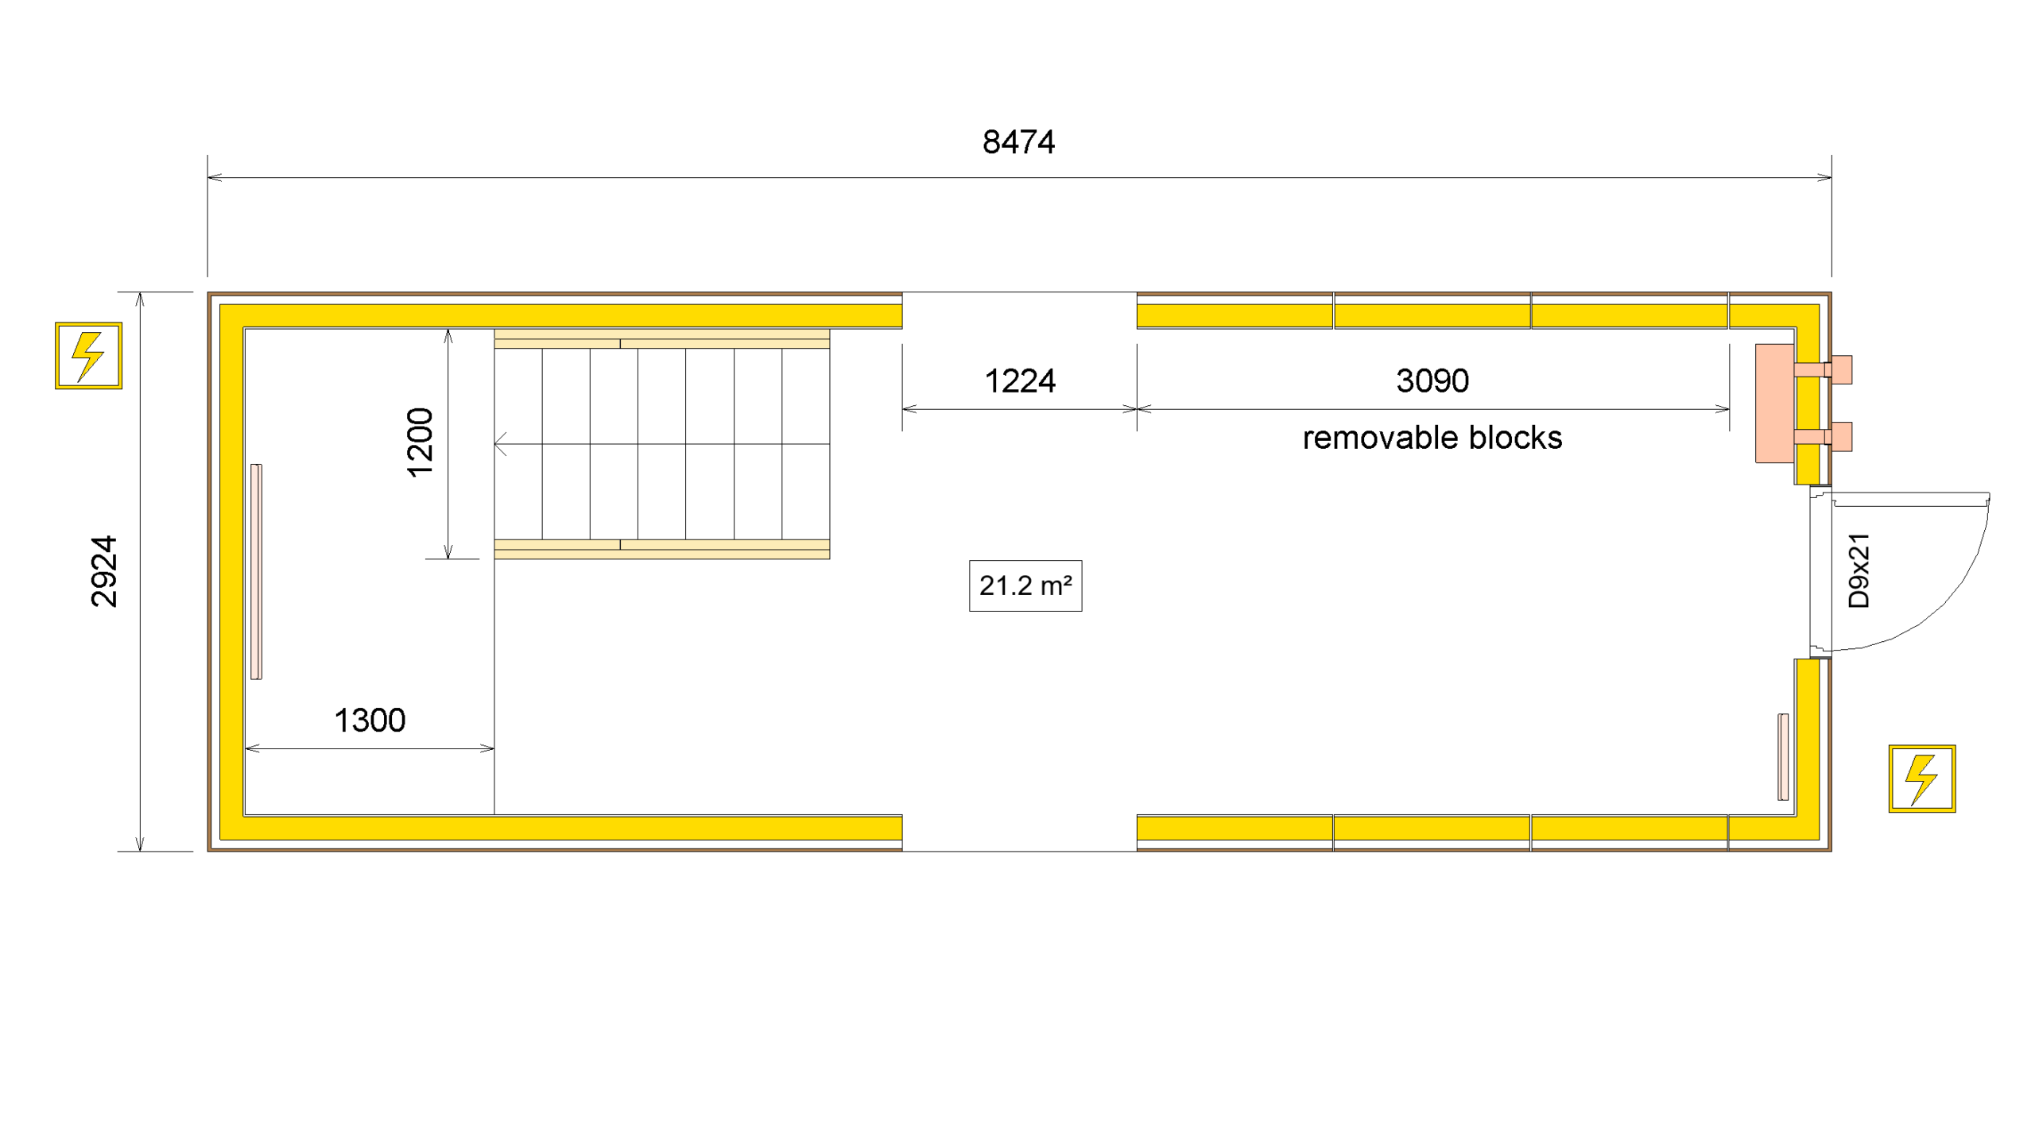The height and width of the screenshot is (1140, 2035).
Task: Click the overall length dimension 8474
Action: pyautogui.click(x=1018, y=142)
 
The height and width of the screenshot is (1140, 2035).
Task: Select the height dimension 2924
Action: pyautogui.click(x=104, y=571)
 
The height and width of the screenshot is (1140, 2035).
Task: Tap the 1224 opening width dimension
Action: pyautogui.click(x=1020, y=381)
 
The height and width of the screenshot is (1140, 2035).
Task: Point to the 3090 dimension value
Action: pyautogui.click(x=1432, y=381)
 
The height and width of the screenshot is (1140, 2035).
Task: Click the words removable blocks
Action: pyautogui.click(x=1432, y=438)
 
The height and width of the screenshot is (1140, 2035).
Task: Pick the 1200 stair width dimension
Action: pyautogui.click(x=420, y=442)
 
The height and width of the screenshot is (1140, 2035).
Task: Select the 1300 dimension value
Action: pyautogui.click(x=370, y=721)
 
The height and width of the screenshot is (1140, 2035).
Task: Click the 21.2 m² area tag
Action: pyautogui.click(x=1025, y=586)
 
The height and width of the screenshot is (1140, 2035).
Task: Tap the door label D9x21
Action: pyautogui.click(x=1859, y=571)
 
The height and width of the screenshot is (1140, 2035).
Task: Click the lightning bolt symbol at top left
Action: pyautogui.click(x=88, y=356)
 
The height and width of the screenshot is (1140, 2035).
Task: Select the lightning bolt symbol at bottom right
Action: pyautogui.click(x=1922, y=779)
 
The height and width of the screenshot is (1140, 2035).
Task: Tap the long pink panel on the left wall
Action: pyautogui.click(x=256, y=571)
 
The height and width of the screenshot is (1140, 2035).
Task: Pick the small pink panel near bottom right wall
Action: pyautogui.click(x=1783, y=757)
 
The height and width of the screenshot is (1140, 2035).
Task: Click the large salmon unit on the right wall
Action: pyautogui.click(x=1774, y=404)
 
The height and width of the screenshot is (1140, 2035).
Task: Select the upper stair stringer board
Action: pyautogui.click(x=661, y=339)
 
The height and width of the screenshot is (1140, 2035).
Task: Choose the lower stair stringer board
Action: pyautogui.click(x=661, y=549)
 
